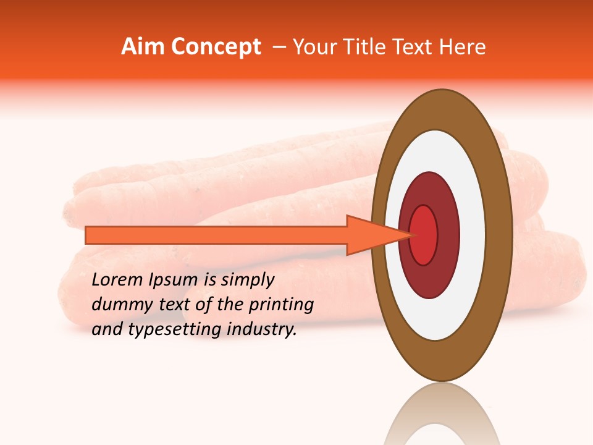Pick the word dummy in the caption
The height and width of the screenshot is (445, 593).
tap(119, 305)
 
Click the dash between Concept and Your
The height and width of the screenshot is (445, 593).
tap(279, 48)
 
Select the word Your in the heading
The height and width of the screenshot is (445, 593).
tap(313, 47)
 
